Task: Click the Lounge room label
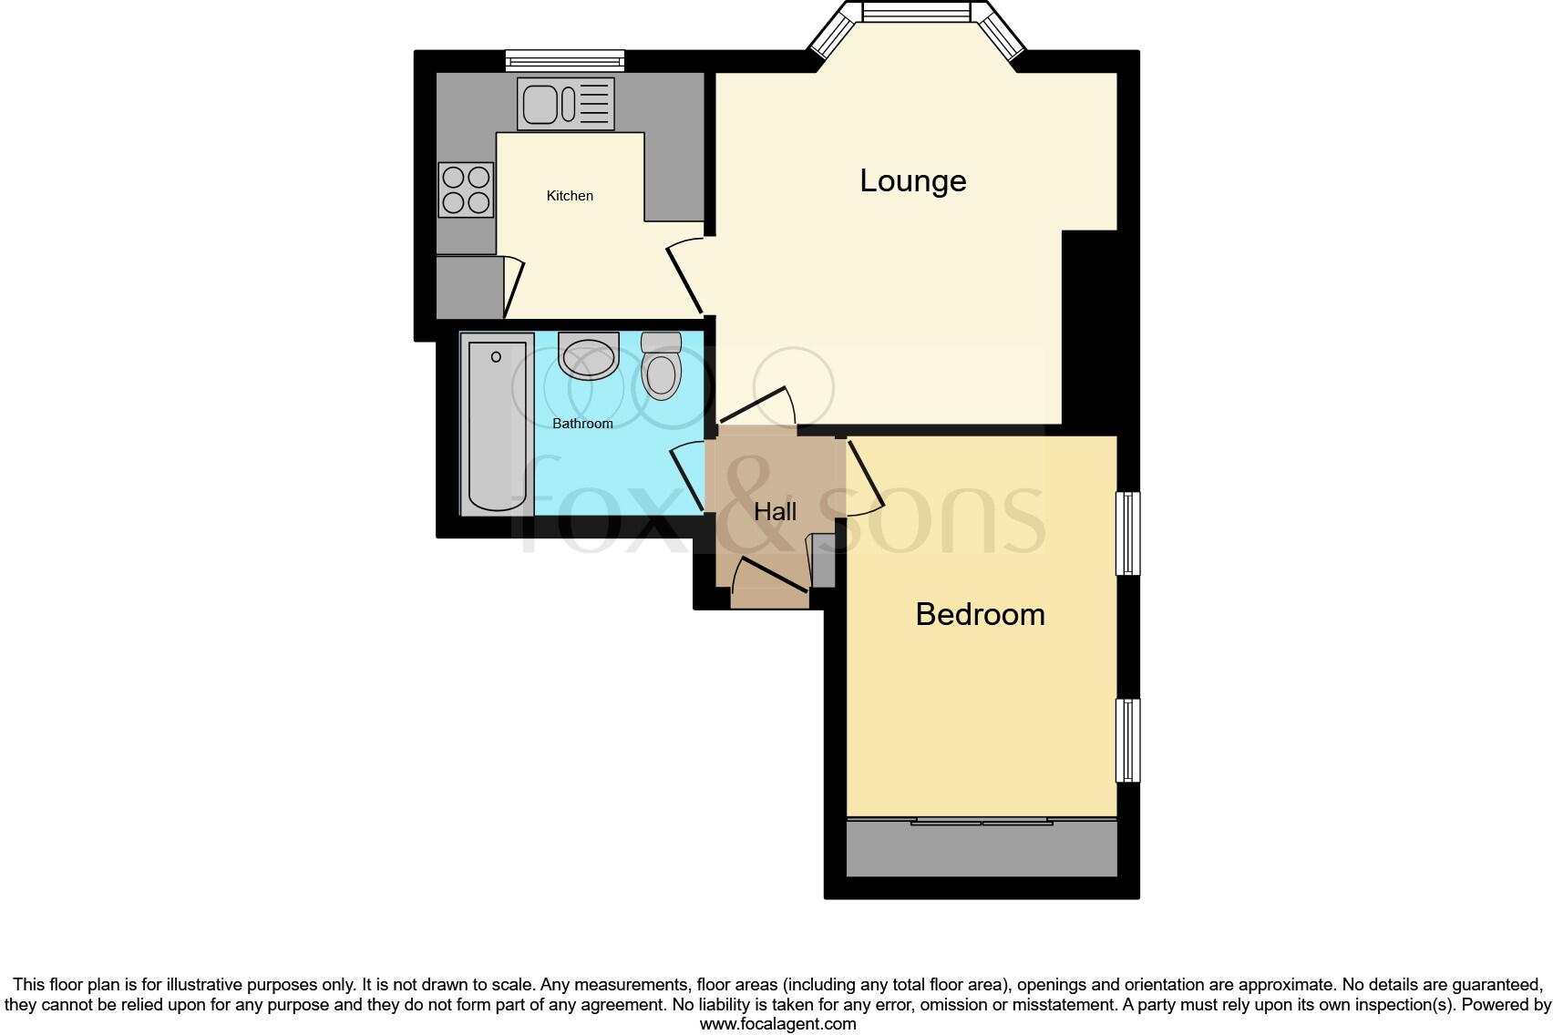coord(912,180)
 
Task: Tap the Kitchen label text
coord(570,196)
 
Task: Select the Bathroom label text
coord(582,424)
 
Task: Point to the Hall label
coord(775,511)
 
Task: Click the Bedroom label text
coord(980,614)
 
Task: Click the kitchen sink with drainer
coord(565,103)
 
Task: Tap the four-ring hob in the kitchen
coord(466,190)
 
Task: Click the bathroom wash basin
coord(588,357)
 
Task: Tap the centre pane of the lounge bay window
coord(915,13)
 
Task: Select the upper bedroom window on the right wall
coord(1128,533)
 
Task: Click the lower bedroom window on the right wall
coord(1128,740)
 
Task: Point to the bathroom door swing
coord(688,476)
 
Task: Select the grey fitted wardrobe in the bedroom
coord(982,848)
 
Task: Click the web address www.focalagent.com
coord(777,1023)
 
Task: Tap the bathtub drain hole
coord(497,357)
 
